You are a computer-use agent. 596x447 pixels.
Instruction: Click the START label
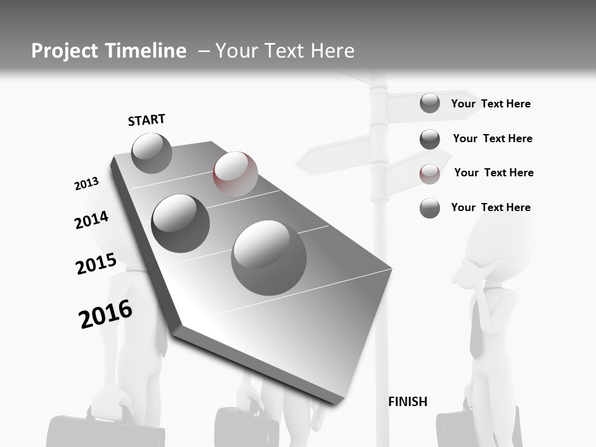147,120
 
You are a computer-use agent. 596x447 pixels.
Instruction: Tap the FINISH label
408,402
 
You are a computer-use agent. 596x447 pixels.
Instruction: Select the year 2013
86,184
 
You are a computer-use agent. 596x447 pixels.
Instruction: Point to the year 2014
91,220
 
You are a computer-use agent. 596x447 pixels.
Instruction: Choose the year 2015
96,264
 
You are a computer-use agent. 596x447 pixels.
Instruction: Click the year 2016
106,314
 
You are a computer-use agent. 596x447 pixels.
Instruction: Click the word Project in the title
63,51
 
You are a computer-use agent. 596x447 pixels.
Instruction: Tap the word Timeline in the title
147,51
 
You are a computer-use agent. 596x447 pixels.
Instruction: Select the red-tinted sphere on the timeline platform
235,173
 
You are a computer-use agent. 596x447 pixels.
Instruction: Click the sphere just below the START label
151,153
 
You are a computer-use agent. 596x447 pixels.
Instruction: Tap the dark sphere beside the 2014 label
180,223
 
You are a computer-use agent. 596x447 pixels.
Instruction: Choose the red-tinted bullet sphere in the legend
430,174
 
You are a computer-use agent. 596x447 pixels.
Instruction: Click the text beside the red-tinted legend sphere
494,173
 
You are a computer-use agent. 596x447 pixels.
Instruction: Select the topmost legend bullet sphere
430,103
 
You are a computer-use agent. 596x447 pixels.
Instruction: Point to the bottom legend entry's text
490,207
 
